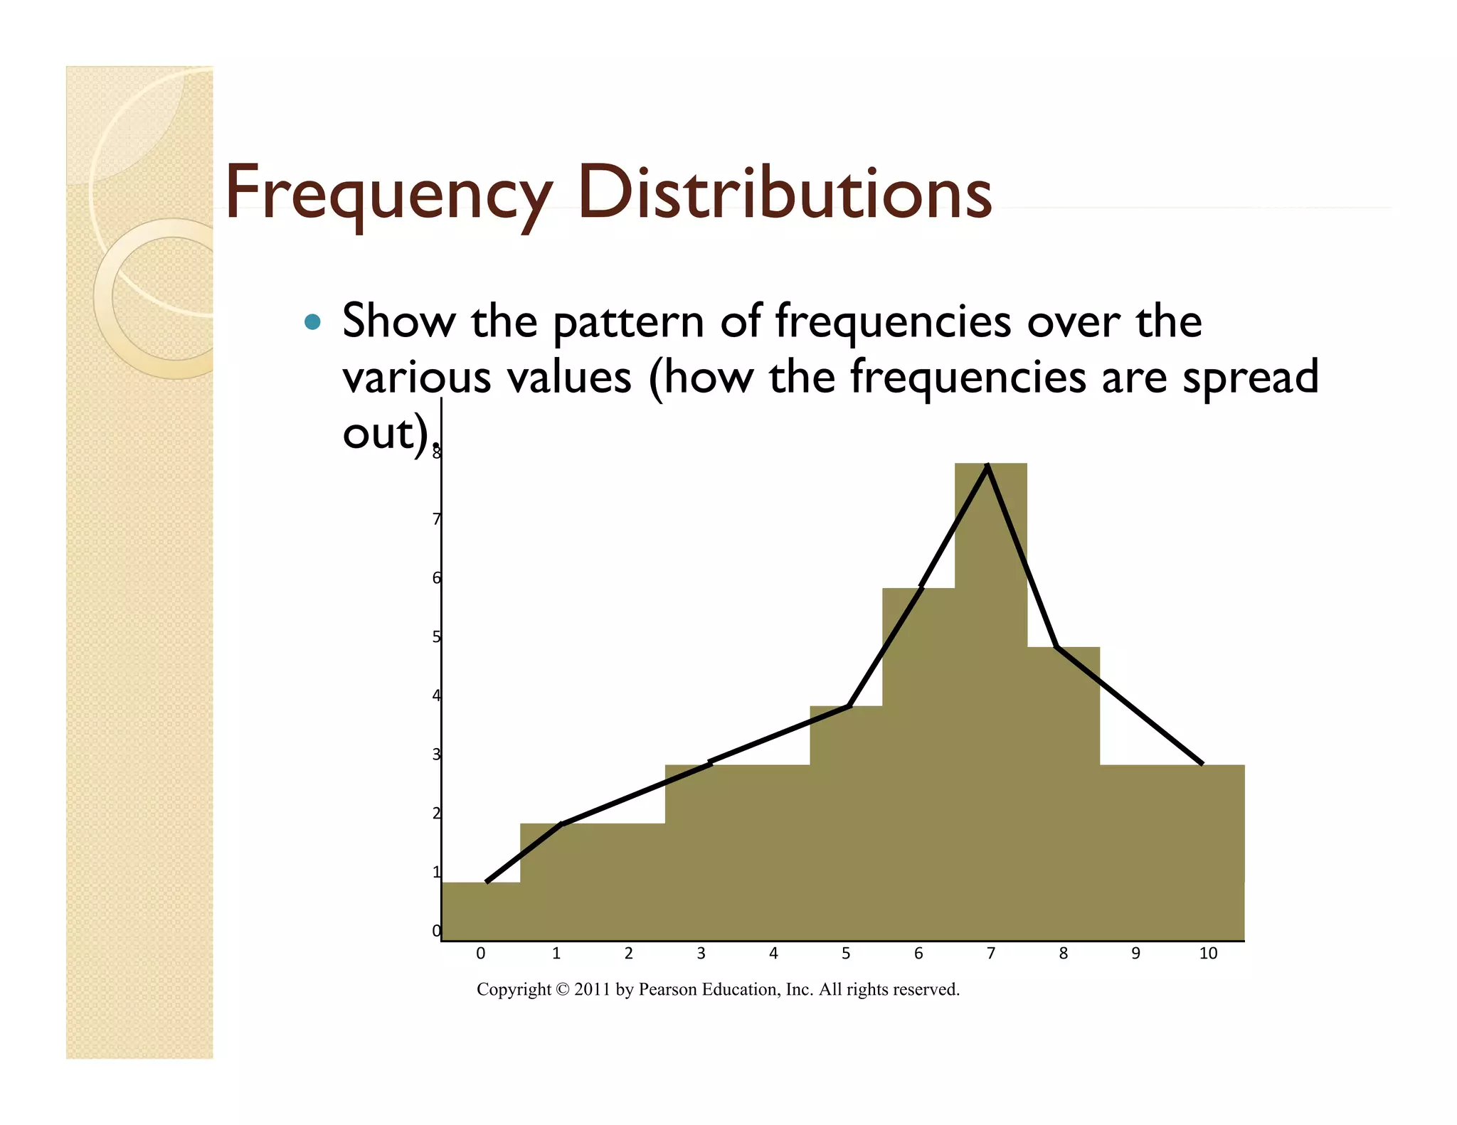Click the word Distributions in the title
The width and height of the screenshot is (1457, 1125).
point(784,192)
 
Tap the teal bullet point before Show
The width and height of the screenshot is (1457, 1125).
point(312,322)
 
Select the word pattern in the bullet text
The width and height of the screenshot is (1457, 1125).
point(628,322)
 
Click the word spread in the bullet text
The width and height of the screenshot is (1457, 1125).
point(1250,377)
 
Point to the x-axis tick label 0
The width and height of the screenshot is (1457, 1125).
point(481,954)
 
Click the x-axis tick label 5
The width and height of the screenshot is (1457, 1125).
point(846,954)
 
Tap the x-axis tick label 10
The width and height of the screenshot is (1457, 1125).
point(1208,954)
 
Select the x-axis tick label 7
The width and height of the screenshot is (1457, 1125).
point(990,954)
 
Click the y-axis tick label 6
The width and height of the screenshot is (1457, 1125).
point(436,578)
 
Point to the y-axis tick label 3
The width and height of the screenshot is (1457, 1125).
point(436,755)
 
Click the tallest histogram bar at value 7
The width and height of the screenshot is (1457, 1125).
point(990,711)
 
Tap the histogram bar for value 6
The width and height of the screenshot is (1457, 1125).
point(918,768)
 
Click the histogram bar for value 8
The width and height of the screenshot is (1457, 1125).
point(1063,796)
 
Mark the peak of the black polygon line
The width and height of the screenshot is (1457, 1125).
point(987,466)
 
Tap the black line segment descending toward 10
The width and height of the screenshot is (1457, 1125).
point(1131,706)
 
